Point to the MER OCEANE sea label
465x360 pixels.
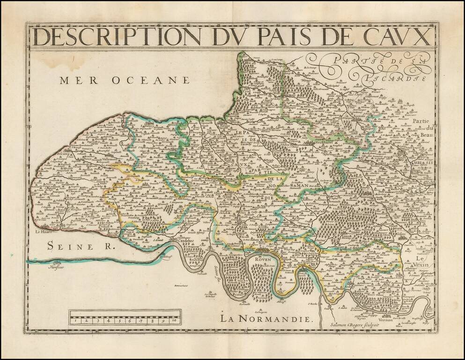coord(125,80)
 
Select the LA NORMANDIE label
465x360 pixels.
coord(266,319)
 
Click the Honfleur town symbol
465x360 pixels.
coord(57,264)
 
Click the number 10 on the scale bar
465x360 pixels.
coord(174,321)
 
